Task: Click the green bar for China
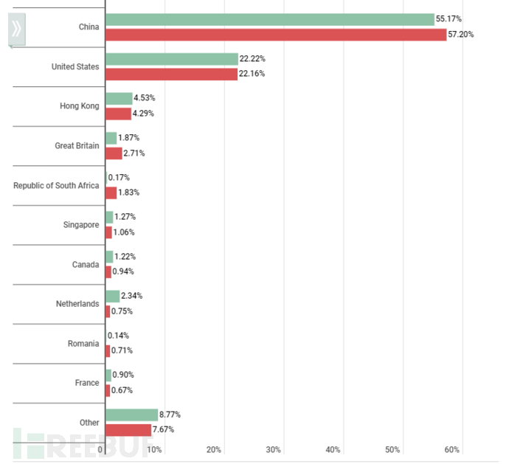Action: (x=270, y=19)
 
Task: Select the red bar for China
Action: (x=276, y=35)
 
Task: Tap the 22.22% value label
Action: (x=252, y=58)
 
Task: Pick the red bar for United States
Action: (x=172, y=74)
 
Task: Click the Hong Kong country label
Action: (x=79, y=106)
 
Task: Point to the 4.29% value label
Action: (x=145, y=114)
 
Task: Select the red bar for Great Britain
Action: (x=114, y=153)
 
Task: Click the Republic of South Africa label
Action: (x=56, y=185)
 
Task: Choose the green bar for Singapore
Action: (x=110, y=217)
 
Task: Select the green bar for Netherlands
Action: (x=113, y=296)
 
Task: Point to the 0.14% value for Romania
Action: (x=119, y=335)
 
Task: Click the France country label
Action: (x=86, y=383)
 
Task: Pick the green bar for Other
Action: (x=132, y=415)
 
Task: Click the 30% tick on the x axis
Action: (x=274, y=450)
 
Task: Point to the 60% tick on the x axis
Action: (x=452, y=450)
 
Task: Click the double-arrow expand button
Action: (x=16, y=30)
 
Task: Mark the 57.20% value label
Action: (x=461, y=35)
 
